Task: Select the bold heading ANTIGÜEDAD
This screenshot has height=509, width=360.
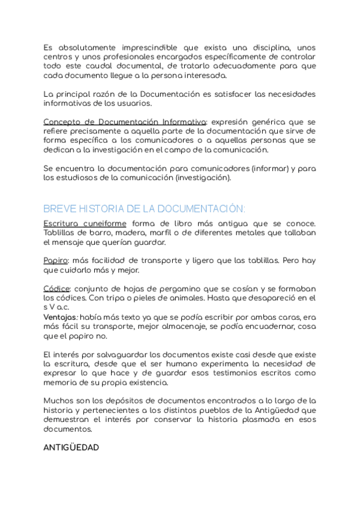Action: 71,448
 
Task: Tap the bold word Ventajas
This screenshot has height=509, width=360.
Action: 59,316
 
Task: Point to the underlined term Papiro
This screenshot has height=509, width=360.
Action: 56,261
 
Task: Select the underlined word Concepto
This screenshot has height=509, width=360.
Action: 62,122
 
